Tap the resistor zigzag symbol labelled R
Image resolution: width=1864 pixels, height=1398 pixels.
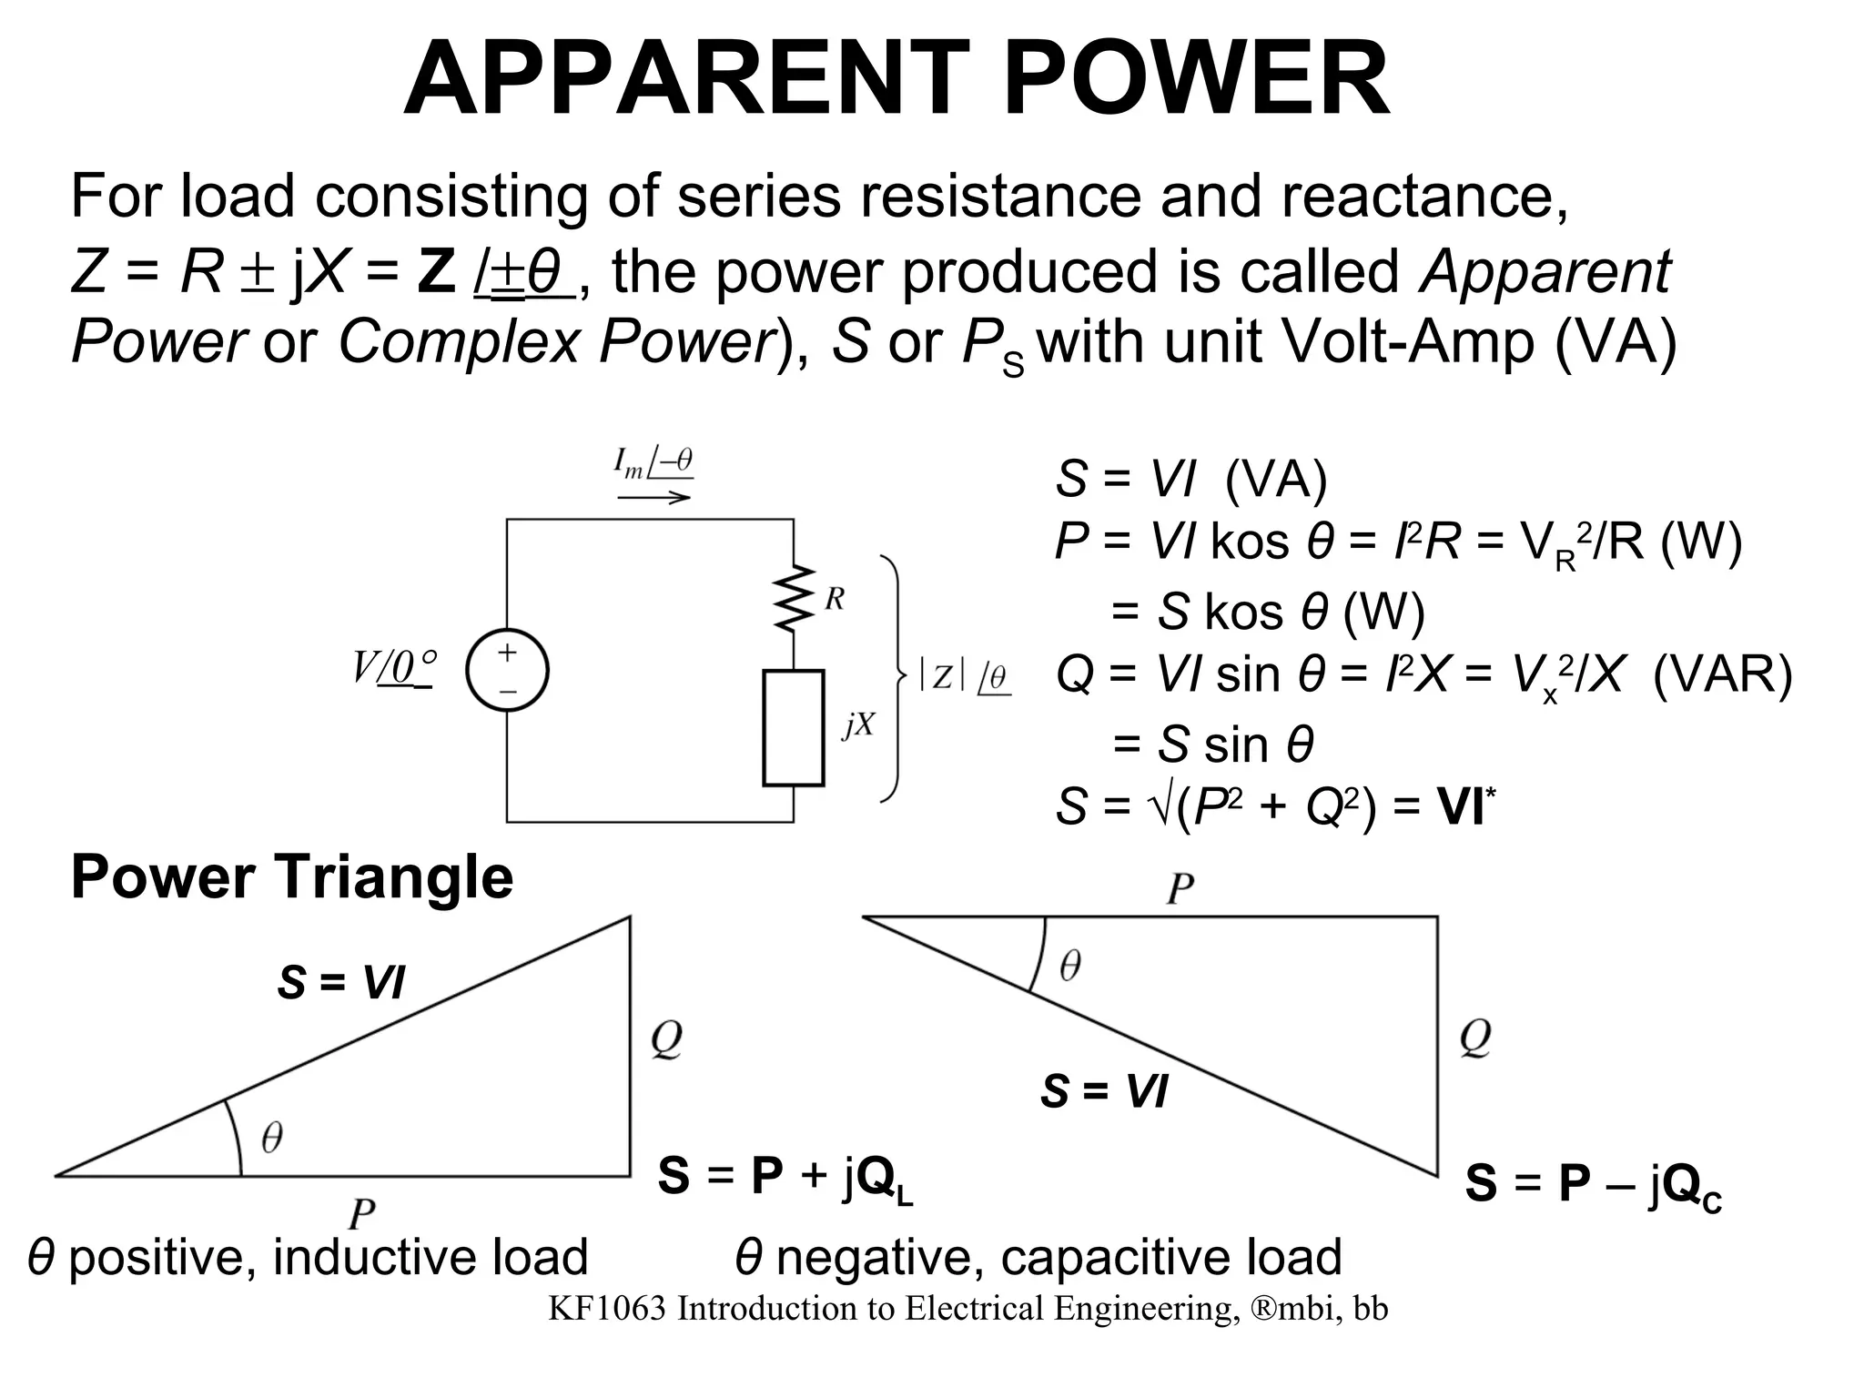click(795, 598)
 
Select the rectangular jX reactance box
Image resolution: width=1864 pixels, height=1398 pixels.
click(793, 727)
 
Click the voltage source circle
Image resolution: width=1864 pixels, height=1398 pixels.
click(507, 671)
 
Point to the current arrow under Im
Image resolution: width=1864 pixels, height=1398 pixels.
click(653, 497)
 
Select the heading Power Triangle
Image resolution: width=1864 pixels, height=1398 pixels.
click(292, 876)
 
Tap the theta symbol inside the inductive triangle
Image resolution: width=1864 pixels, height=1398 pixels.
click(271, 1137)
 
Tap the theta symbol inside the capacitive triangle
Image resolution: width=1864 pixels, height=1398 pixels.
click(1070, 966)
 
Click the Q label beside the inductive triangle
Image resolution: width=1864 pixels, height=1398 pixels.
click(666, 1038)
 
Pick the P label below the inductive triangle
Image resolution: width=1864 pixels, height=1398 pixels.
click(361, 1213)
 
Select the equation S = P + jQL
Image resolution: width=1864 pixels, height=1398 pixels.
click(785, 1177)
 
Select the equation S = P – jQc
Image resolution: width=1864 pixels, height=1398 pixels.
click(1593, 1185)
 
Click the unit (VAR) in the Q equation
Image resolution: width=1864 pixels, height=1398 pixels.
click(1722, 675)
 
